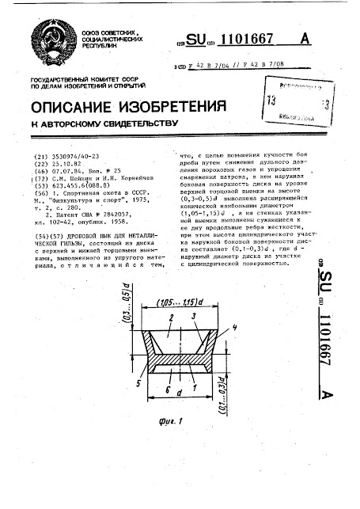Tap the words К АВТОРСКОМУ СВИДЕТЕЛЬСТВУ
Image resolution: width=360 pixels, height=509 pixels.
click(102, 124)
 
